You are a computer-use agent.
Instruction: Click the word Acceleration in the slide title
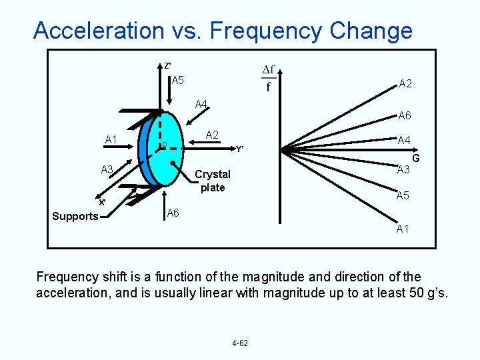pyautogui.click(x=99, y=31)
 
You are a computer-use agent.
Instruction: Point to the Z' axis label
pyautogui.click(x=168, y=66)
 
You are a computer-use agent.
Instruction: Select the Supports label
pyautogui.click(x=75, y=216)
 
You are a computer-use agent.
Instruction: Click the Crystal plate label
pyautogui.click(x=213, y=181)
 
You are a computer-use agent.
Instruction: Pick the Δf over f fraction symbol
pyautogui.click(x=269, y=78)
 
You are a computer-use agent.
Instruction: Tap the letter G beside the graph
pyautogui.click(x=415, y=159)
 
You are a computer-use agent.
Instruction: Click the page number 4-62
pyautogui.click(x=240, y=343)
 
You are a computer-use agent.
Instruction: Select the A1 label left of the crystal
pyautogui.click(x=111, y=139)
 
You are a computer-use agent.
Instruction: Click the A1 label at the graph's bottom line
pyautogui.click(x=403, y=229)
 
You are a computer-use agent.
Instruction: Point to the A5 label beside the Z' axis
pyautogui.click(x=178, y=81)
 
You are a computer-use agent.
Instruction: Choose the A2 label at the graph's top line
pyautogui.click(x=405, y=84)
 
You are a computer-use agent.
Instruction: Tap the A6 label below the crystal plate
pyautogui.click(x=173, y=213)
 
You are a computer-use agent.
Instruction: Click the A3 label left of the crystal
pyautogui.click(x=107, y=169)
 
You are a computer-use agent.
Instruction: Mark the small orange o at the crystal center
pyautogui.click(x=163, y=145)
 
